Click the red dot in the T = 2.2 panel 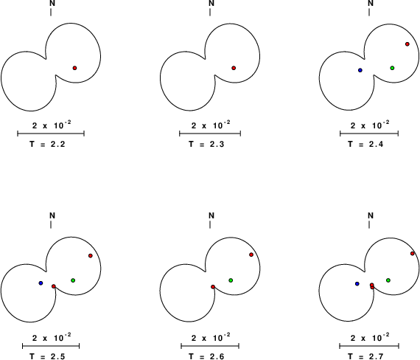74,68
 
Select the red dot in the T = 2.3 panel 234,68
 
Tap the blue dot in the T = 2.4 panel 360,70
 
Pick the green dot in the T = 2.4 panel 392,68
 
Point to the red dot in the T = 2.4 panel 407,44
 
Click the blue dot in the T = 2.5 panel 41,283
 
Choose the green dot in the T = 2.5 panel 73,280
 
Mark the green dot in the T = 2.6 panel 231,280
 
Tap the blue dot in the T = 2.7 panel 357,284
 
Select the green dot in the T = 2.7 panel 388,280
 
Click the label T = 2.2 47,145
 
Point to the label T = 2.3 206,145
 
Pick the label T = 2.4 365,145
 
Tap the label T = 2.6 206,356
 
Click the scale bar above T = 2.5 51,346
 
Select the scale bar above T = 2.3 210,134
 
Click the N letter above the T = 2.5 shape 52,215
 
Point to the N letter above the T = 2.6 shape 211,215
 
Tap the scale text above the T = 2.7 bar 370,337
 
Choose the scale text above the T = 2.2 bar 52,125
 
